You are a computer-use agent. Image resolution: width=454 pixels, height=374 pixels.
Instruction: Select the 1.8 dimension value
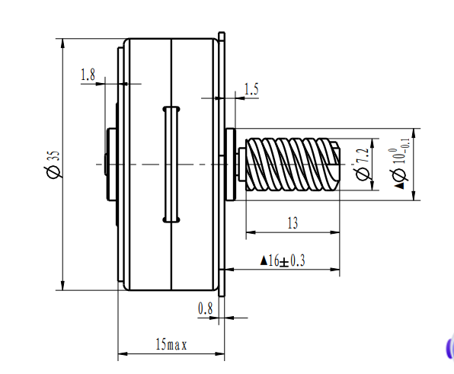coord(87,75)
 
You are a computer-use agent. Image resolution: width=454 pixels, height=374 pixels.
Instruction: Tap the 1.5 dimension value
coord(251,90)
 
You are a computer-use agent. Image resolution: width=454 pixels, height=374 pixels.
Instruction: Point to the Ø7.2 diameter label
coord(363,162)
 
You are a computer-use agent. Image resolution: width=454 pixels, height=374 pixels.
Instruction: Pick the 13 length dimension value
coord(293,223)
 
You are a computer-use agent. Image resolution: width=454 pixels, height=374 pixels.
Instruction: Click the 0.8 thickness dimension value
coord(205,308)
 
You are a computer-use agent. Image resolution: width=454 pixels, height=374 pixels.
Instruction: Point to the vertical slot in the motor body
coord(170,164)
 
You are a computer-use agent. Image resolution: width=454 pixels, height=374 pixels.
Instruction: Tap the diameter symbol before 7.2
coord(363,174)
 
